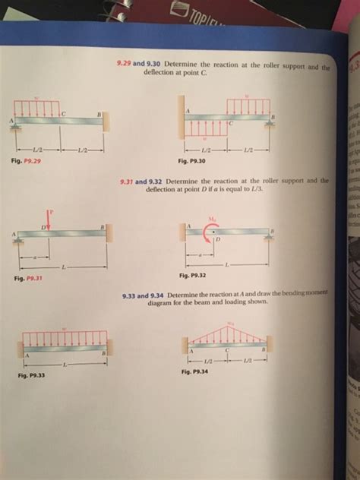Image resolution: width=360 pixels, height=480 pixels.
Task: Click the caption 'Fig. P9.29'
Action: pyautogui.click(x=27, y=160)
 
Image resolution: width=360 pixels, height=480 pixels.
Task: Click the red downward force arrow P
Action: pyautogui.click(x=49, y=215)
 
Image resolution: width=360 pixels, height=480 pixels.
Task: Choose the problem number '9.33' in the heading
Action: pyautogui.click(x=141, y=295)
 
